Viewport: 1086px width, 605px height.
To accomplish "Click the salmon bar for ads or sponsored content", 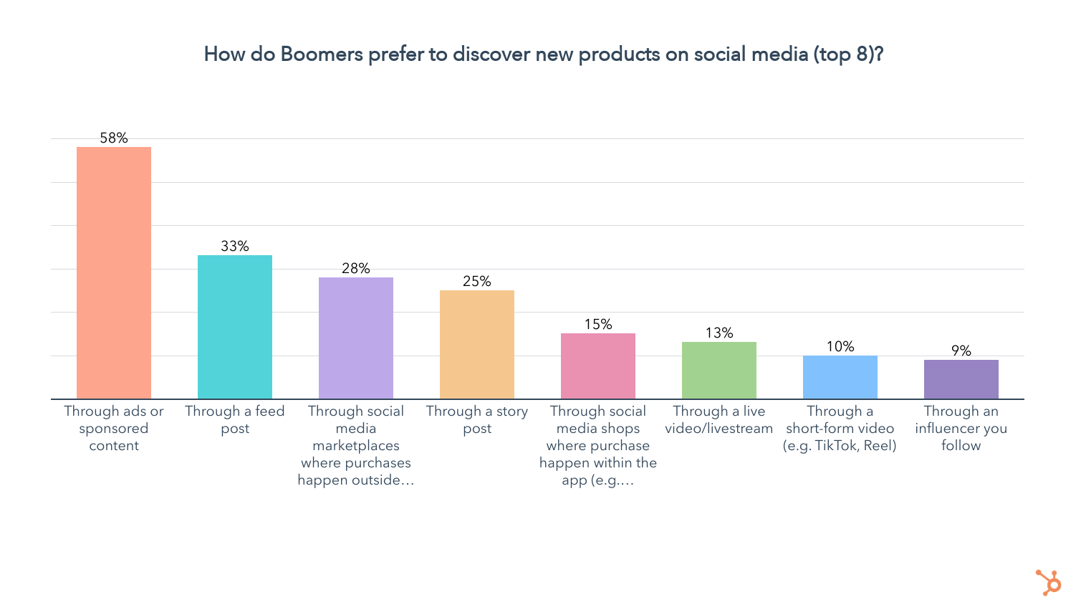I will click(x=114, y=272).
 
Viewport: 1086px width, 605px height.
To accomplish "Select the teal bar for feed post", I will click(x=235, y=327).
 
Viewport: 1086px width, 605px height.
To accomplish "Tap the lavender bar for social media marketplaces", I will click(x=356, y=338).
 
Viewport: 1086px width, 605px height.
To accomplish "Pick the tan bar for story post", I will click(x=477, y=344).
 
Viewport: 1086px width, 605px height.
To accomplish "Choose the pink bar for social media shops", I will click(x=598, y=366).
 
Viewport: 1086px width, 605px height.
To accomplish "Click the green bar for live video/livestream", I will click(x=719, y=370).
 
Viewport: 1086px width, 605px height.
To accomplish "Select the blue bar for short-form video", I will click(x=840, y=377).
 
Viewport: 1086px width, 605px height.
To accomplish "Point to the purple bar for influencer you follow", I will click(x=961, y=379).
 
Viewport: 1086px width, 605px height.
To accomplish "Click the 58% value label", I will click(x=114, y=138).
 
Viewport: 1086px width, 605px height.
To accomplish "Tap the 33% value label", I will click(x=235, y=246).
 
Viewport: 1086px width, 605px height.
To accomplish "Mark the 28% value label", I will click(x=356, y=268).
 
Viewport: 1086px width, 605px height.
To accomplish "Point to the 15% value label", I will click(x=598, y=324).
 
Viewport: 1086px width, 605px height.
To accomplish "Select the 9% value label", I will click(x=961, y=351).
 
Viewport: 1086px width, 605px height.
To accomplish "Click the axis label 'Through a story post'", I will click(x=477, y=419).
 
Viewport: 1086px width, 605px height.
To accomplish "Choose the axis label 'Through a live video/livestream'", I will click(x=719, y=419).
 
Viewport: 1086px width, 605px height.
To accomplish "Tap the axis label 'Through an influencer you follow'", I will click(x=961, y=428).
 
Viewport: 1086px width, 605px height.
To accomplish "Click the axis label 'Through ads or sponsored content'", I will click(x=114, y=428).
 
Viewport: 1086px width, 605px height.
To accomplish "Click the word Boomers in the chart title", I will click(x=322, y=54).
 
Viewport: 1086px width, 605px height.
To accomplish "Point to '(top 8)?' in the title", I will click(x=848, y=54).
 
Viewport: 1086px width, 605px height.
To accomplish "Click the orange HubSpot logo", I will click(x=1049, y=582).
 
